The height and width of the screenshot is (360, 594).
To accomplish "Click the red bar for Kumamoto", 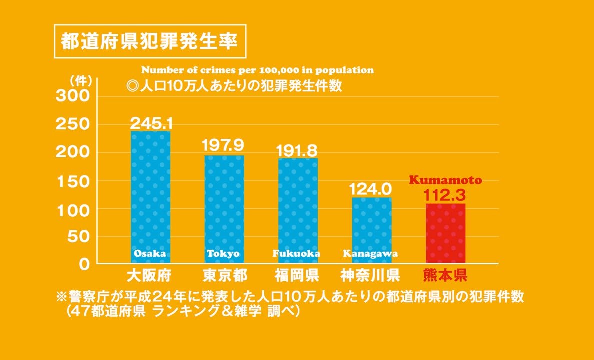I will [x=445, y=233].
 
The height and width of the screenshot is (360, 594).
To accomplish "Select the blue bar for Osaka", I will [x=150, y=195].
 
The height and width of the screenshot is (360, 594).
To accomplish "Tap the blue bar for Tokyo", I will [x=224, y=207].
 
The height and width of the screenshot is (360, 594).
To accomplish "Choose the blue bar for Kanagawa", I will [x=372, y=227].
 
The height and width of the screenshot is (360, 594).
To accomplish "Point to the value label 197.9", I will [x=224, y=145].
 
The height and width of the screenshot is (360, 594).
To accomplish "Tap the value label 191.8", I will [x=298, y=150].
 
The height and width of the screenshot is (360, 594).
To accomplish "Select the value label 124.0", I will [x=370, y=189].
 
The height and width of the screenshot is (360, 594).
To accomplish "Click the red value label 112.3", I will [x=445, y=193].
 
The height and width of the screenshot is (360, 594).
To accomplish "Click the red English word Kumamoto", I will [x=445, y=180].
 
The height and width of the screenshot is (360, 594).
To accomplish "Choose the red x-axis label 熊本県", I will [x=445, y=275].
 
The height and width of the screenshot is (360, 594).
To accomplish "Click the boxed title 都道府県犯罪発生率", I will [x=150, y=41].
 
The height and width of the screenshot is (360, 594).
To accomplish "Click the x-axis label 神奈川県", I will [x=370, y=275].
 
